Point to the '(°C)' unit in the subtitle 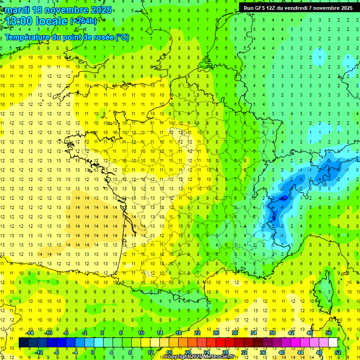click(122, 37)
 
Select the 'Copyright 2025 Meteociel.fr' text click(199, 357)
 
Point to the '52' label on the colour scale click(338, 352)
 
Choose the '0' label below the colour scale click(93, 352)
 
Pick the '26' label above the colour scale click(216, 333)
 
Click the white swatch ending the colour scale click(333, 343)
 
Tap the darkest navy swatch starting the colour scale click(23, 343)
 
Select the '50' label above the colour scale click(329, 333)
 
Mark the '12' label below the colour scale click(150, 352)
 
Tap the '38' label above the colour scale click(272, 333)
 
